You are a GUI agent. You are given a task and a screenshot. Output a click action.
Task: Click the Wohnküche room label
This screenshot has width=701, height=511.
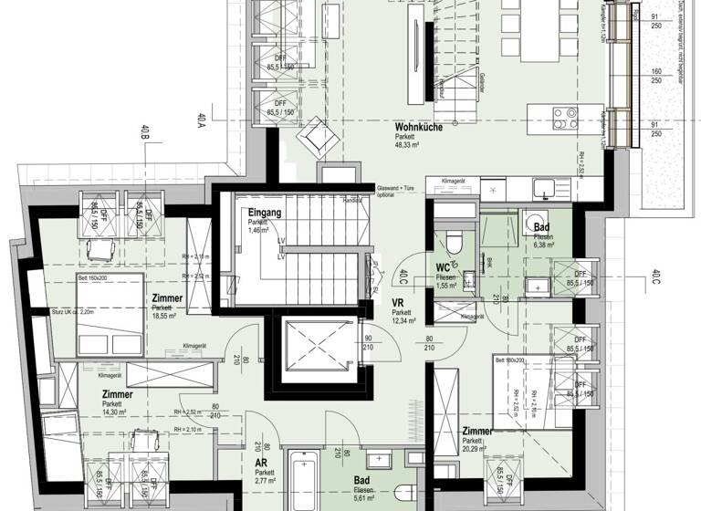click(418, 128)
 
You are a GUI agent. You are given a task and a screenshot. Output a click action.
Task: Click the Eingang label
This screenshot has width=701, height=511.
click(265, 214)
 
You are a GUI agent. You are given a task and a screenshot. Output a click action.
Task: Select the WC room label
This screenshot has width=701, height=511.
click(445, 267)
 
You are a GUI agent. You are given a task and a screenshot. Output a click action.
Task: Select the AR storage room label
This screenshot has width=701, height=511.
click(261, 463)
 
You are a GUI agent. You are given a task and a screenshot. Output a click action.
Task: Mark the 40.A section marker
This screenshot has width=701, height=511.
click(200, 121)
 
